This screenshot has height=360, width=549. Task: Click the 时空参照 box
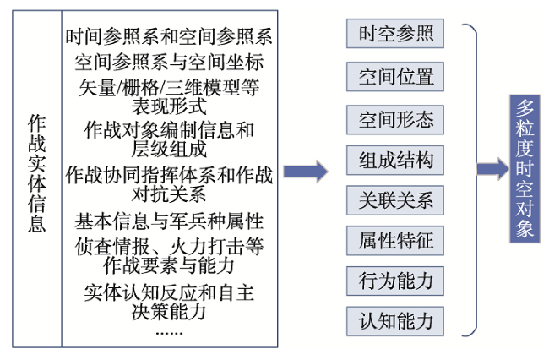point(395,34)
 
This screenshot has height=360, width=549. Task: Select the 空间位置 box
point(395,77)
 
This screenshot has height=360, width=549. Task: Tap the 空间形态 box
point(395,120)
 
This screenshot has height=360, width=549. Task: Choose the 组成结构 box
point(395,160)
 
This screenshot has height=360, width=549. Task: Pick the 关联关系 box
point(395,200)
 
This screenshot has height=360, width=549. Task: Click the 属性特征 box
point(395,241)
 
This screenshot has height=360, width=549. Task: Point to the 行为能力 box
point(395,281)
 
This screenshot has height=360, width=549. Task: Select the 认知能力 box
point(395,321)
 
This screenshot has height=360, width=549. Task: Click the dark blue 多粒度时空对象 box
point(525,169)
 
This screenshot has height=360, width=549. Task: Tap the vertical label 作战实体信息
point(37,173)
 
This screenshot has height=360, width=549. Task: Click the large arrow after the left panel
point(306,172)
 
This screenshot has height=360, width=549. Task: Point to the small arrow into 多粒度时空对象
point(493,169)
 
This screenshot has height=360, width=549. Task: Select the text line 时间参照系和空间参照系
point(169,36)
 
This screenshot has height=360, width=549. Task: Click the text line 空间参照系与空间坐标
point(169,63)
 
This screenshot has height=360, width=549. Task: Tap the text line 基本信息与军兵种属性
point(169,221)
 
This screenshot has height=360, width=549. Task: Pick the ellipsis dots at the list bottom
point(169,334)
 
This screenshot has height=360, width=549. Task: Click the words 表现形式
point(169,106)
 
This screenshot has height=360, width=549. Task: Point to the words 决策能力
point(169,311)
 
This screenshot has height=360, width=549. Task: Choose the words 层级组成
point(169,150)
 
